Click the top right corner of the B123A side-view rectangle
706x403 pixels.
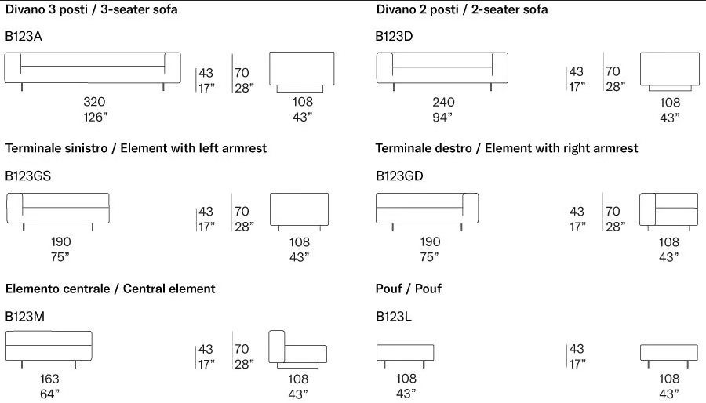pyautogui.click(x=334, y=53)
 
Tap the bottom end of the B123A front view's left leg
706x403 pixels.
pyautogui.click(x=22, y=91)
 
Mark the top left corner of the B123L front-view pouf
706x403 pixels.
pyautogui.click(x=377, y=345)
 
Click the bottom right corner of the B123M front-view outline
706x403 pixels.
pyautogui.click(x=92, y=360)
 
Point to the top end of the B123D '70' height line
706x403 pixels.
pyautogui.click(x=603, y=53)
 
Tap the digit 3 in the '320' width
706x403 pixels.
pyautogui.click(x=87, y=102)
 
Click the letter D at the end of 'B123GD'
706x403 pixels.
pyautogui.click(x=418, y=176)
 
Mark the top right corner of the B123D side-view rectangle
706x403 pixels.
pyautogui.click(x=699, y=53)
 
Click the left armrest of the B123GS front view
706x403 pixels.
pyautogui.click(x=14, y=208)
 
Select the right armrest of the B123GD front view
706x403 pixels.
pyautogui.click(x=471, y=208)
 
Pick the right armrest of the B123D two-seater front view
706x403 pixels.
pyautogui.click(x=500, y=68)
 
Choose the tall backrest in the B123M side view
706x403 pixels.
pyautogui.click(x=276, y=347)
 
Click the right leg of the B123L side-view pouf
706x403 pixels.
pyautogui.click(x=688, y=365)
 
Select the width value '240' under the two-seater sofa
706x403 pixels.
pyautogui.click(x=443, y=103)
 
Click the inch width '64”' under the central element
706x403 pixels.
pyautogui.click(x=50, y=394)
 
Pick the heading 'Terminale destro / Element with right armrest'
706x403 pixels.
pyautogui.click(x=507, y=148)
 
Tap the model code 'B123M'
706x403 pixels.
pyautogui.click(x=25, y=317)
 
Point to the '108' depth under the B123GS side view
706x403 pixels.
pyautogui.click(x=300, y=242)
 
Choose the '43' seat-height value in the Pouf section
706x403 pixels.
pyautogui.click(x=577, y=349)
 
